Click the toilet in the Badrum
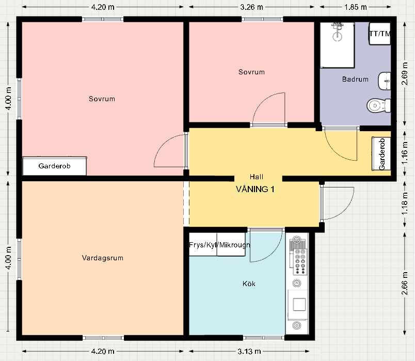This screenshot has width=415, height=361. click(x=378, y=105)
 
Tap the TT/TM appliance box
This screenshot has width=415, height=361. click(x=380, y=34)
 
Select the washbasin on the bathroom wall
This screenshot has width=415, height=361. click(x=385, y=81)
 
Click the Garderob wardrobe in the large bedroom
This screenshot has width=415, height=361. click(x=55, y=166)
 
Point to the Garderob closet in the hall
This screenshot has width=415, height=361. click(x=381, y=153)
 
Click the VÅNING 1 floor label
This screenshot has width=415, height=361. click(x=255, y=189)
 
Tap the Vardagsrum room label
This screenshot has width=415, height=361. click(x=102, y=258)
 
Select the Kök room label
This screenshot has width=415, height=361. click(x=249, y=284)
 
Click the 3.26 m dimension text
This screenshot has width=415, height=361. click(x=251, y=7)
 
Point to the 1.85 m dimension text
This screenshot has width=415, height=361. click(x=356, y=7)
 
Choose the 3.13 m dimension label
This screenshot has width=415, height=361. click(x=249, y=352)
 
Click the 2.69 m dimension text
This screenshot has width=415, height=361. click(x=404, y=73)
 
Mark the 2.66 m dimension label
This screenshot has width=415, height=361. click(x=404, y=283)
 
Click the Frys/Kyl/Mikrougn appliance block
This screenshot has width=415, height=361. click(x=217, y=244)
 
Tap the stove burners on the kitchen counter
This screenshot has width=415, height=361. click(x=299, y=261)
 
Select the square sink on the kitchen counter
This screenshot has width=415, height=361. click(x=299, y=304)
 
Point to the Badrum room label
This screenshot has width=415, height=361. click(x=355, y=79)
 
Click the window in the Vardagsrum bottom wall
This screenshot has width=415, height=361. click(x=103, y=338)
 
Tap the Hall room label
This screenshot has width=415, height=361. click(x=257, y=177)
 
